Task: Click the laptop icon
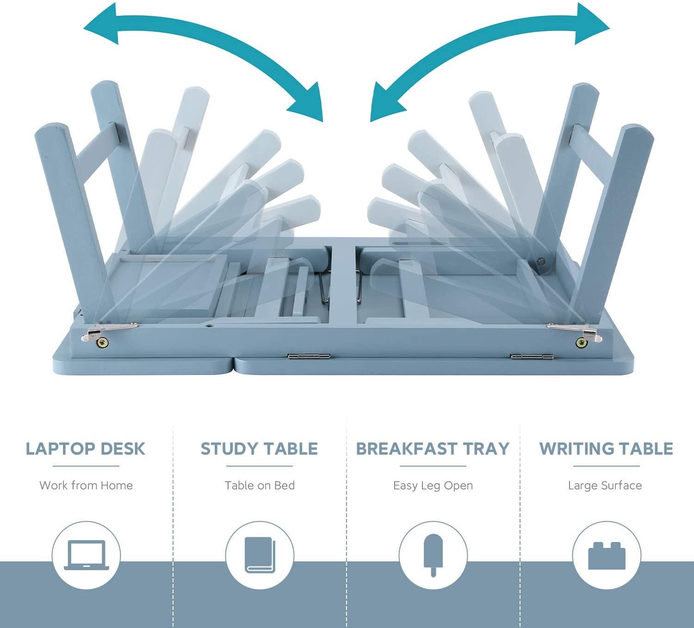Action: (86, 555)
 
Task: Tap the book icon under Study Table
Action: (260, 555)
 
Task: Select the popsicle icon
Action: (433, 555)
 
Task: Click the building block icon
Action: (607, 555)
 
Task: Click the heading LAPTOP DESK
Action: (86, 449)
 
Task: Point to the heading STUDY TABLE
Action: (259, 449)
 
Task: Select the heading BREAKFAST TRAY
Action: (433, 449)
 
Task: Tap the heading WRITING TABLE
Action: (606, 449)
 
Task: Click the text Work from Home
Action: (86, 485)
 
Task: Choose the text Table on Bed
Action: (260, 485)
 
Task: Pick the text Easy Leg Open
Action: (433, 486)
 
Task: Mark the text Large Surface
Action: (605, 486)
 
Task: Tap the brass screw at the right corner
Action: (580, 342)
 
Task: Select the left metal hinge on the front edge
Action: (309, 357)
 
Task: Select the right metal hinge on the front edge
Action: (532, 357)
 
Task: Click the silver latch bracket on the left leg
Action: (109, 330)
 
